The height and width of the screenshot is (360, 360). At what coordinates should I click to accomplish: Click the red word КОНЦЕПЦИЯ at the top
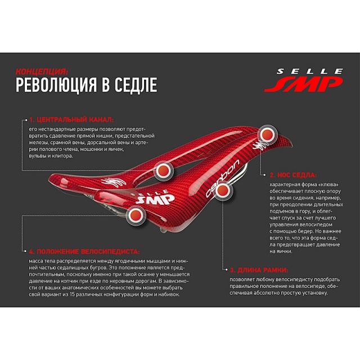(42, 71)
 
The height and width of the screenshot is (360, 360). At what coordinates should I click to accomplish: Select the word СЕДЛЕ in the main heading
(136, 85)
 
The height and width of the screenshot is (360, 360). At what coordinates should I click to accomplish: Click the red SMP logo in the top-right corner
(304, 84)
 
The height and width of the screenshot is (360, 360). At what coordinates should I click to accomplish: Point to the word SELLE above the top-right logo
(310, 71)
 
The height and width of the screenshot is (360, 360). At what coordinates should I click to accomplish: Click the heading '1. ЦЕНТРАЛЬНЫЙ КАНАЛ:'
(71, 120)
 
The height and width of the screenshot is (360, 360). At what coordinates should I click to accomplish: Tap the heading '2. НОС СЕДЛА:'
(293, 175)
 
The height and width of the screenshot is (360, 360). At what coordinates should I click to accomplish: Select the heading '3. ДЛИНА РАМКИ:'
(259, 270)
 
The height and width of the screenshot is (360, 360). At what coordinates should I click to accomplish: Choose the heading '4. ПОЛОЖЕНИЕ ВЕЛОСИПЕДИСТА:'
(84, 251)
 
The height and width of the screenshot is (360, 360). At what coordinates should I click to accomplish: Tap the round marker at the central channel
(164, 170)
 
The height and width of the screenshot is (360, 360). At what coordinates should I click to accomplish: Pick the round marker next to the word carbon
(223, 190)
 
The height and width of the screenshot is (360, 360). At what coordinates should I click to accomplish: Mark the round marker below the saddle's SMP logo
(136, 215)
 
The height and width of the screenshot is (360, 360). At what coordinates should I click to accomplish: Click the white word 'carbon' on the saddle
(222, 178)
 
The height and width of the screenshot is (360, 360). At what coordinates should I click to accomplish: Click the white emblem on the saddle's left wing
(114, 182)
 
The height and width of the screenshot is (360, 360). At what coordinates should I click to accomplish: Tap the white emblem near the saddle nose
(260, 145)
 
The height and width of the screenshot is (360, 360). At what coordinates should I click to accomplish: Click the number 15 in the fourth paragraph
(72, 294)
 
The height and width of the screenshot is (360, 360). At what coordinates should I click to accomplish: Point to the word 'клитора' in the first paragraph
(63, 156)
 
